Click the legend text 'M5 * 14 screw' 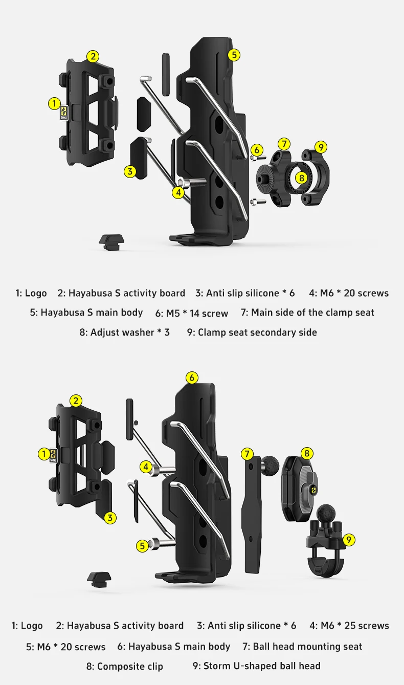(x=197, y=313)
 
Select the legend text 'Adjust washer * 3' (x=130, y=333)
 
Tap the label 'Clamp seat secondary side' (x=257, y=333)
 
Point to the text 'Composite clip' (x=130, y=666)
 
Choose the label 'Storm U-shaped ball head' (x=262, y=666)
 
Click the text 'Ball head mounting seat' (x=307, y=647)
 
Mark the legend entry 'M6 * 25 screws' (x=354, y=626)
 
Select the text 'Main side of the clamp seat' (x=312, y=313)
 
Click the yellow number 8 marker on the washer (x=301, y=178)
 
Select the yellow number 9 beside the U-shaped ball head (x=348, y=540)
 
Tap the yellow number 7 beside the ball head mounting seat (x=247, y=454)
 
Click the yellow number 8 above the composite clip (x=307, y=453)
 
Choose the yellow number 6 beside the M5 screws (x=257, y=150)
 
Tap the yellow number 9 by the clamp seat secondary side (x=320, y=147)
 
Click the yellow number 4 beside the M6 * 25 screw (x=146, y=467)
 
